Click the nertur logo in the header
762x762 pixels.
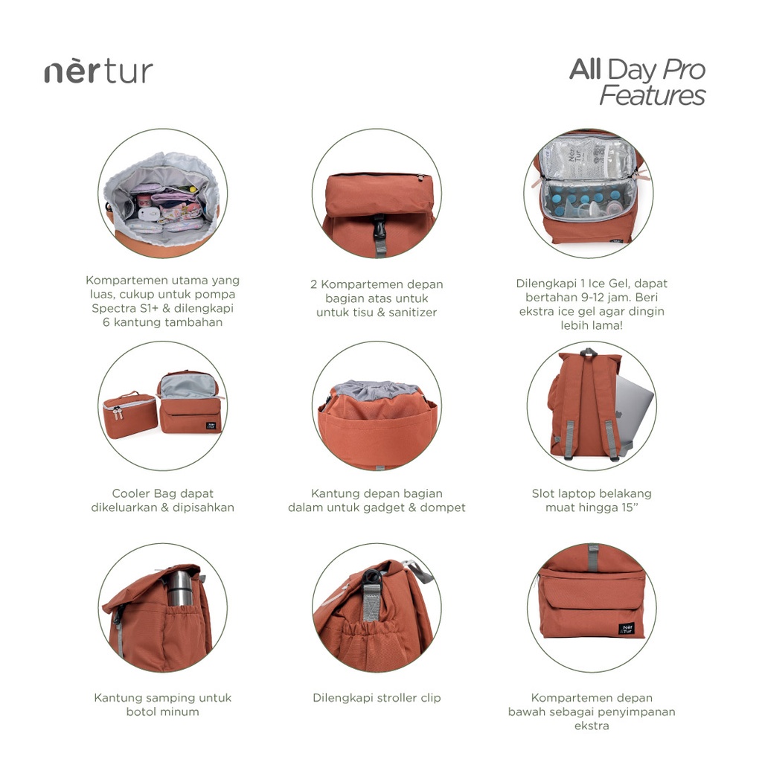[x=99, y=72]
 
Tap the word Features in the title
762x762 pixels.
[x=652, y=95]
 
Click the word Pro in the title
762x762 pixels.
[x=684, y=69]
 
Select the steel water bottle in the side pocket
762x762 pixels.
[x=180, y=588]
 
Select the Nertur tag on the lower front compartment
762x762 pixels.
[x=626, y=629]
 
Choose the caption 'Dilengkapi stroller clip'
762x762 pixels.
[x=377, y=698]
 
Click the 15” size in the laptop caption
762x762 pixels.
[x=627, y=508]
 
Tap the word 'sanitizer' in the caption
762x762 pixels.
[x=412, y=313]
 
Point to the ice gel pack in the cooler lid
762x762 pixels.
[x=588, y=157]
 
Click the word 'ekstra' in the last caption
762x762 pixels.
[x=592, y=726]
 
